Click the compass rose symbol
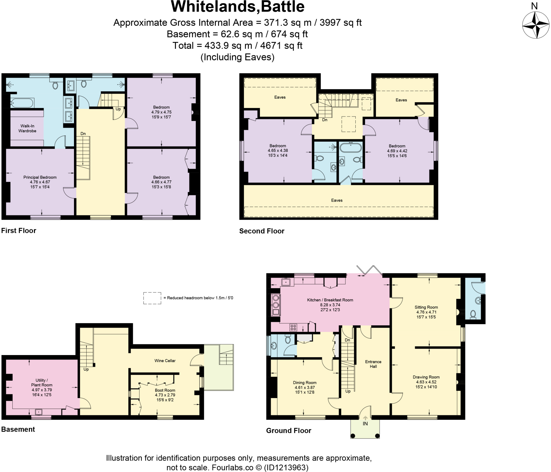click(536, 25)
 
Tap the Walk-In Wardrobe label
click(27, 128)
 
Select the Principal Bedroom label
click(40, 177)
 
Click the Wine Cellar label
click(165, 361)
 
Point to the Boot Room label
click(165, 390)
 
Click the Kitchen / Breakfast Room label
click(330, 300)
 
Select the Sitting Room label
click(426, 307)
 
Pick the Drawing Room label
click(426, 377)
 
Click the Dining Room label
click(305, 382)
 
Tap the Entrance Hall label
click(373, 364)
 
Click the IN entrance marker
click(365, 424)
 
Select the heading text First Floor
click(19, 231)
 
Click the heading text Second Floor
click(262, 231)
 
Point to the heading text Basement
click(18, 429)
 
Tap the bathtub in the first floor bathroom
click(22, 103)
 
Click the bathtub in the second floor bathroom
click(351, 148)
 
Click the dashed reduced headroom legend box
click(152, 298)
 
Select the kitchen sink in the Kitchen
click(286, 282)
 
